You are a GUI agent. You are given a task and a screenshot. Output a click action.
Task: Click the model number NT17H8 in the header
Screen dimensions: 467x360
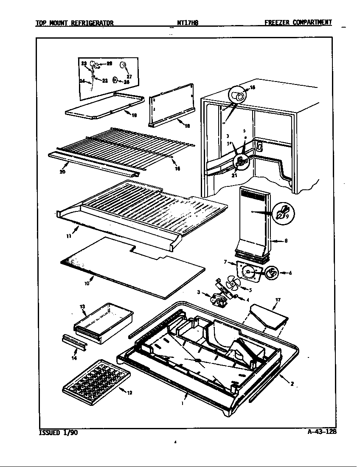[187, 23]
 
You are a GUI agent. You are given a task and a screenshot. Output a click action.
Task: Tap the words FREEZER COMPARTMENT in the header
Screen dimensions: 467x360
[298, 23]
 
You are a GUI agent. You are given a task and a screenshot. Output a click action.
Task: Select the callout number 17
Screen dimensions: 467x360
[278, 300]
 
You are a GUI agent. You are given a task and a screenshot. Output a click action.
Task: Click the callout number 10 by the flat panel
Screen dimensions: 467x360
[87, 283]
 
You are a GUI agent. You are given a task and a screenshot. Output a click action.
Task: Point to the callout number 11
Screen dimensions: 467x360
[68, 236]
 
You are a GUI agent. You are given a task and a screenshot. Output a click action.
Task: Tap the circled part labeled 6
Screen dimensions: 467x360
[272, 273]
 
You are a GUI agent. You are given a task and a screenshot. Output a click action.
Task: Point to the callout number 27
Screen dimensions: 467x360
[129, 77]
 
